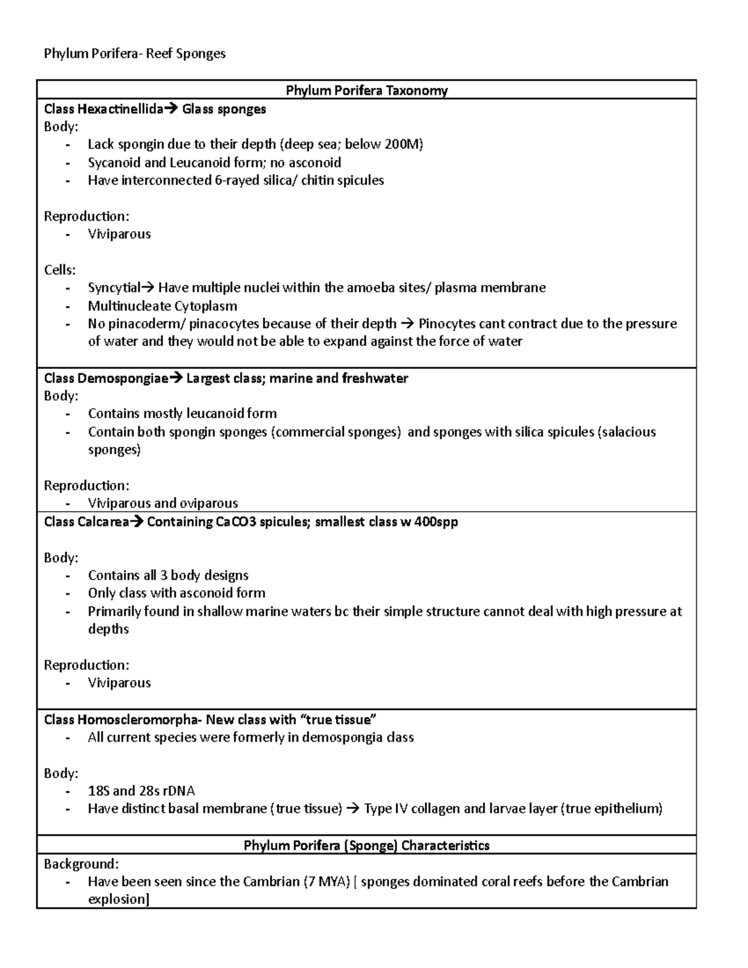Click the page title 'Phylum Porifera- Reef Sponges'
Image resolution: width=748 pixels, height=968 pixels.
pyautogui.click(x=135, y=54)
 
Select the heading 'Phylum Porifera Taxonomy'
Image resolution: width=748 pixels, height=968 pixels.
pyautogui.click(x=367, y=90)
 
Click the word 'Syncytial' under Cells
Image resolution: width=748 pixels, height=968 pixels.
pyautogui.click(x=114, y=287)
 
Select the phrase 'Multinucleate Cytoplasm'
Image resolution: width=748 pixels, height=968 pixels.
pyautogui.click(x=162, y=306)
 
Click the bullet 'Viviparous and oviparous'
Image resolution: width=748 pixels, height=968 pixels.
pyautogui.click(x=163, y=503)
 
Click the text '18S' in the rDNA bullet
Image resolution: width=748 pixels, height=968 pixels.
pyautogui.click(x=98, y=791)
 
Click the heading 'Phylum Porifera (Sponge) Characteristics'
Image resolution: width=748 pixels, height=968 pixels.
pyautogui.click(x=367, y=845)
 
